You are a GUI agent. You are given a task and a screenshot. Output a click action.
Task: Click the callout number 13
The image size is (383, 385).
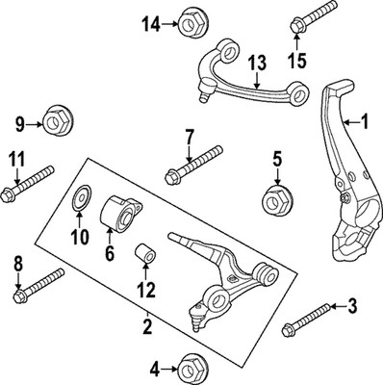pos(255,63)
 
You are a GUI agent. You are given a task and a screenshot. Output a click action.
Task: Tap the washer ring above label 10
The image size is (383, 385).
pos(82,204)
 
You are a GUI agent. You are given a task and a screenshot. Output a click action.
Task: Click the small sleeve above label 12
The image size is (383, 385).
pos(146,255)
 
